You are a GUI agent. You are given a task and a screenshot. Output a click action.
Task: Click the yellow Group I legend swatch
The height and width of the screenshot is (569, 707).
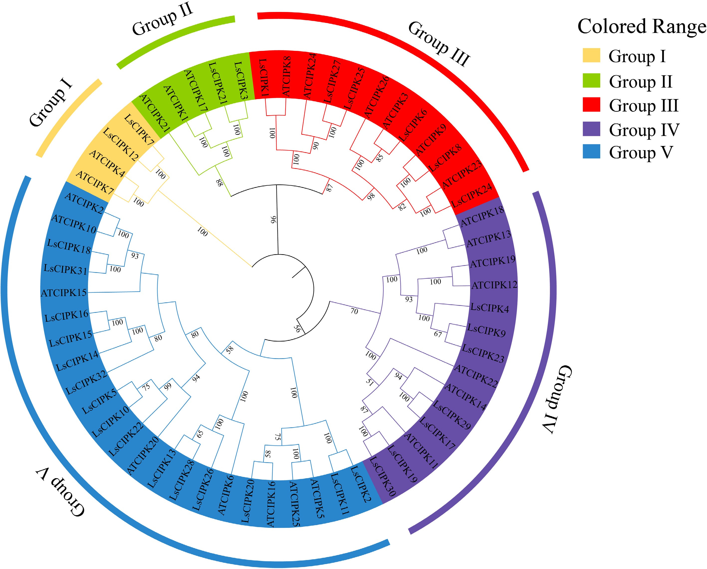pos(591,55)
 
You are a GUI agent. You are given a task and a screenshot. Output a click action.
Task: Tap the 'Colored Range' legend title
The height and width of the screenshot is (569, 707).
pos(641,26)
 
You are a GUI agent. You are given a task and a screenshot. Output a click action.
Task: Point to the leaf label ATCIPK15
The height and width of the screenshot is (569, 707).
pos(64,293)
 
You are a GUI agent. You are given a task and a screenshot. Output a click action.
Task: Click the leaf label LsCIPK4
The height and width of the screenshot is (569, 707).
pos(490,308)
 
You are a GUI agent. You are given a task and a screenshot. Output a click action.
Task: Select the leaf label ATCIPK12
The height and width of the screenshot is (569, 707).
pos(494,285)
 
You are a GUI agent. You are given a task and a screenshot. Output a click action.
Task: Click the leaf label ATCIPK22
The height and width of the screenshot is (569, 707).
pos(476,376)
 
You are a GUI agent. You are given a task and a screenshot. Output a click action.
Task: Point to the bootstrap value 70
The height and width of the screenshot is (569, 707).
pos(354,311)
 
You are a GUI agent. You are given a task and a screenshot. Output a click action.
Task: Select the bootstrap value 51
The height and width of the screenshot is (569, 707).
pos(370,382)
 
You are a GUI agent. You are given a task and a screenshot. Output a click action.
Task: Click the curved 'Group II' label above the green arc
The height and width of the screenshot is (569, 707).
pos(162,19)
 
